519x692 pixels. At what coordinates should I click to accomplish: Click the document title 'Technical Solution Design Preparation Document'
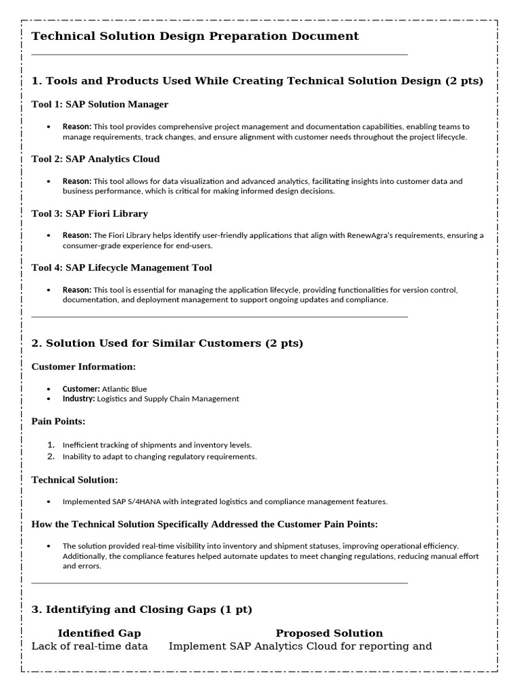click(x=195, y=36)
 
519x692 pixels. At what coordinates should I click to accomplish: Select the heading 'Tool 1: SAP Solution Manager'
click(x=100, y=104)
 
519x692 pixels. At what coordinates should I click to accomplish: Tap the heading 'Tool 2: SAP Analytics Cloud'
click(x=95, y=159)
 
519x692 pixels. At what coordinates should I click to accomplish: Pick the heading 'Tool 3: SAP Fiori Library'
click(x=89, y=214)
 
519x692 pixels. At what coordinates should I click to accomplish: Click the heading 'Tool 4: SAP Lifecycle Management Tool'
click(x=122, y=268)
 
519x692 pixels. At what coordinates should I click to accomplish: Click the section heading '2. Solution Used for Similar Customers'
click(x=168, y=343)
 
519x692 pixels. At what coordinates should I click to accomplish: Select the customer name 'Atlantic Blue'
click(x=124, y=389)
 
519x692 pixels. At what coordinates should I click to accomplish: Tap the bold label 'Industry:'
click(x=79, y=399)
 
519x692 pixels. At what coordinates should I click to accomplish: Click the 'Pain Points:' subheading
click(x=58, y=421)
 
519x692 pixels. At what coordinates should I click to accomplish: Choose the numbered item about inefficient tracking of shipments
click(x=157, y=445)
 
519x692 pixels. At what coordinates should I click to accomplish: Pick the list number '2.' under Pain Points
click(x=51, y=457)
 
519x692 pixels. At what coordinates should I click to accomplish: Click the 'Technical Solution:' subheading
click(x=74, y=480)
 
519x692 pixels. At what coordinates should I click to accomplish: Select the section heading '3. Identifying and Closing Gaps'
click(x=142, y=610)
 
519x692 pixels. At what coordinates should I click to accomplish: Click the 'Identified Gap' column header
click(x=99, y=633)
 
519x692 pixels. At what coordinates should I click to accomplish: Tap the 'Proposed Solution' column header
click(x=329, y=633)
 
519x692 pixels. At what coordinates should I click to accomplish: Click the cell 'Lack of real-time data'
click(x=90, y=647)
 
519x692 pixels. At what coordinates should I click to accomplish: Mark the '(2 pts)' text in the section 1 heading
click(x=464, y=81)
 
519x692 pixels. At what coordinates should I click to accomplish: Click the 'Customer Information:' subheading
click(x=84, y=366)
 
